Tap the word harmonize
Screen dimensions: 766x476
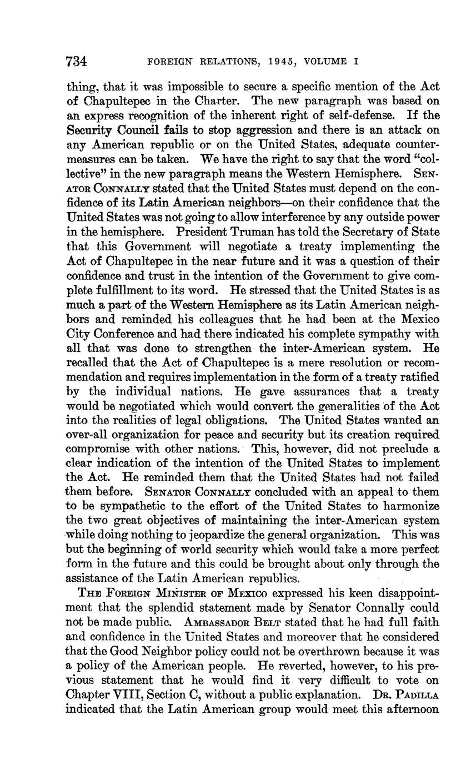click(x=410, y=506)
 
